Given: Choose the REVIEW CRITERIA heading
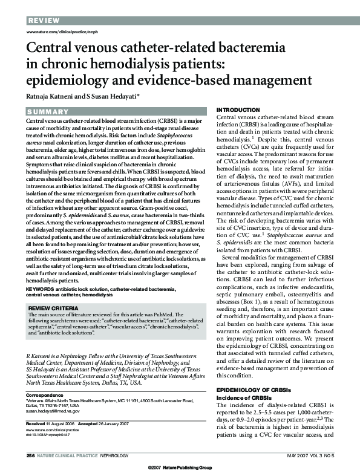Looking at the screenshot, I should tap(56, 308).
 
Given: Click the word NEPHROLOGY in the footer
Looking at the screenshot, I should tap(111, 455).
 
